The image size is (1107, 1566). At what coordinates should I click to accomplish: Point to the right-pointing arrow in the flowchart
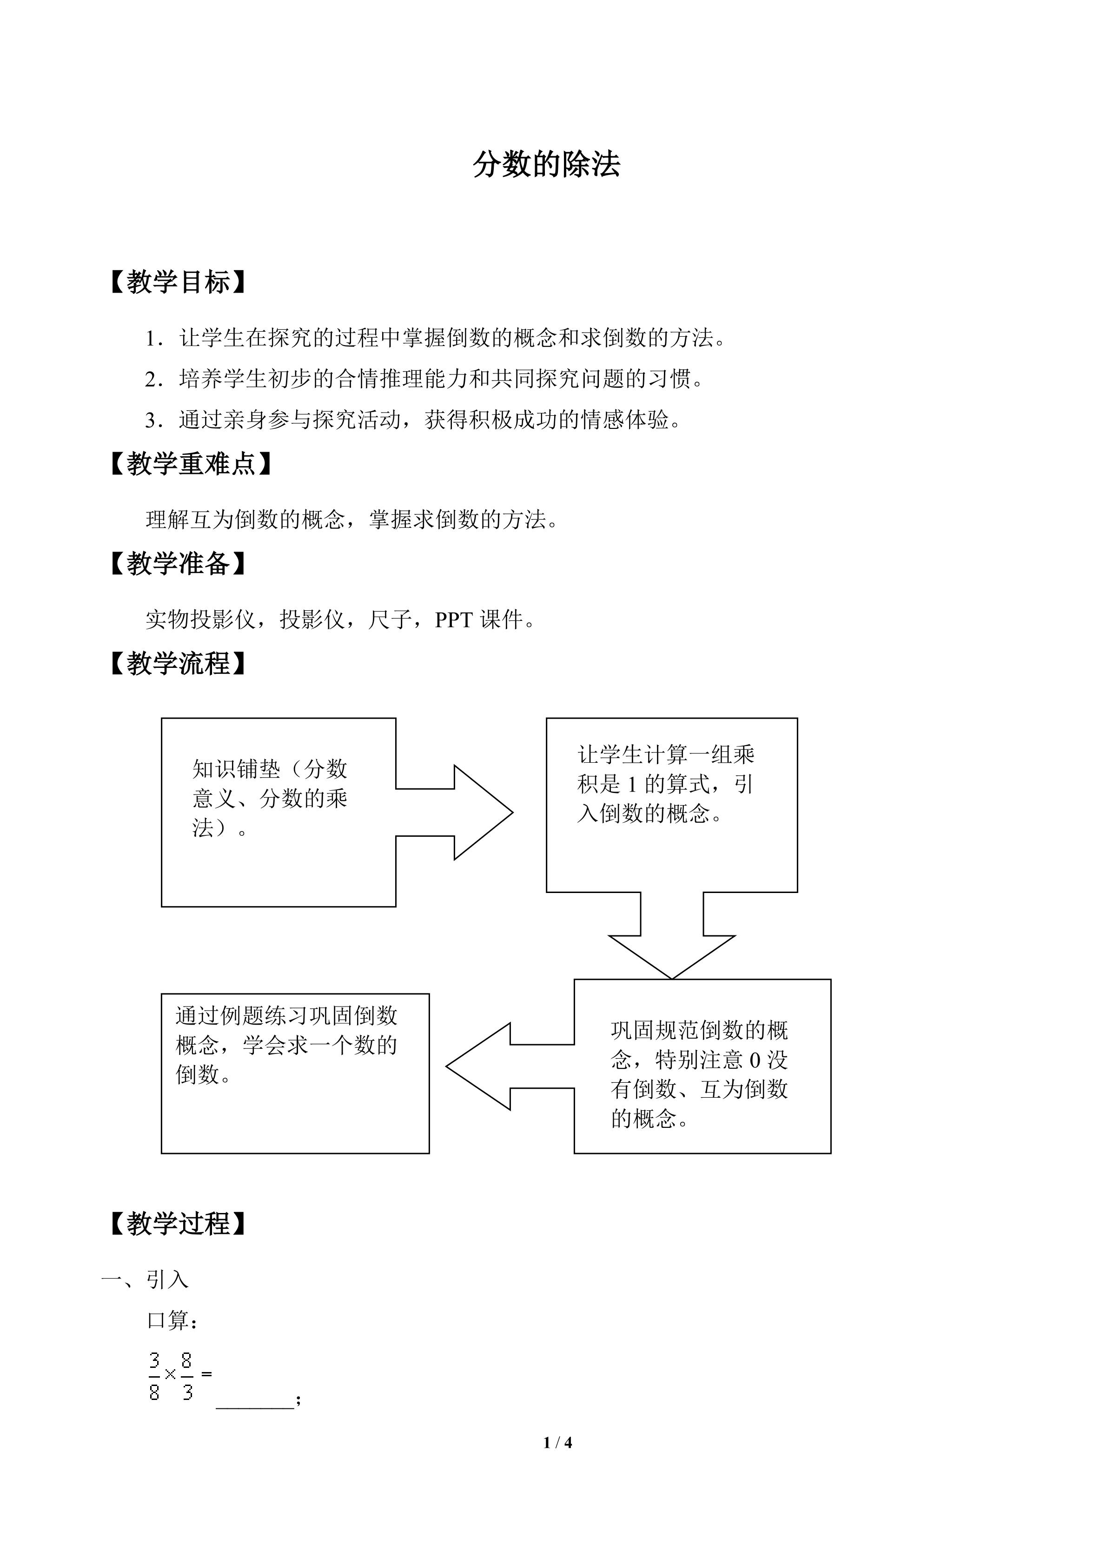pyautogui.click(x=454, y=813)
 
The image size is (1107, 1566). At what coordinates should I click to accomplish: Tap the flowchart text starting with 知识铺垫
pyautogui.click(x=270, y=799)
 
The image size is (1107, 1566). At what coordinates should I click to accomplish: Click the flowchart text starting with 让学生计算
pyautogui.click(x=666, y=784)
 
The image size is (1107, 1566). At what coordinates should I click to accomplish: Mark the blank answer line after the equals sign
pyautogui.click(x=255, y=1407)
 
